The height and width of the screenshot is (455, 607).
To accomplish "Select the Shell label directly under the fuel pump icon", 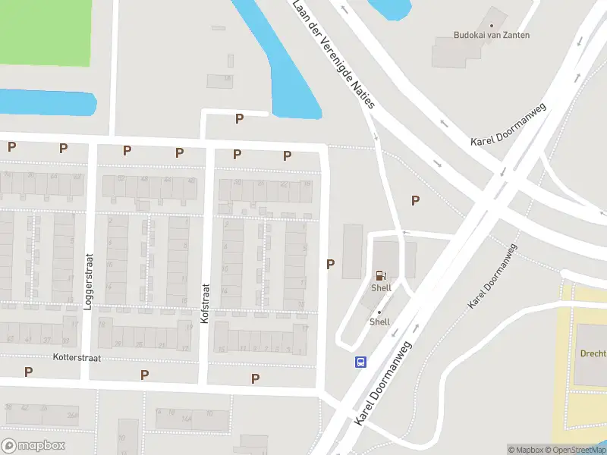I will (381, 288).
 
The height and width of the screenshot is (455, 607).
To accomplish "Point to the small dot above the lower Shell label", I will (379, 312).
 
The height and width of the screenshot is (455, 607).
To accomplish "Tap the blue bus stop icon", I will (361, 362).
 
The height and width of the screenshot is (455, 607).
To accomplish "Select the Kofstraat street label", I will (204, 305).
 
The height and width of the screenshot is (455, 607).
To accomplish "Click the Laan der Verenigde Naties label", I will (334, 55).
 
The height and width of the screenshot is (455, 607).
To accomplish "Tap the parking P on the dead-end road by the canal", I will (239, 118).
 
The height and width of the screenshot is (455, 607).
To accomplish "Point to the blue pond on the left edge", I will (46, 102).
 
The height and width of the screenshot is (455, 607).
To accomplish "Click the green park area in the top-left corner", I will (42, 30).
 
